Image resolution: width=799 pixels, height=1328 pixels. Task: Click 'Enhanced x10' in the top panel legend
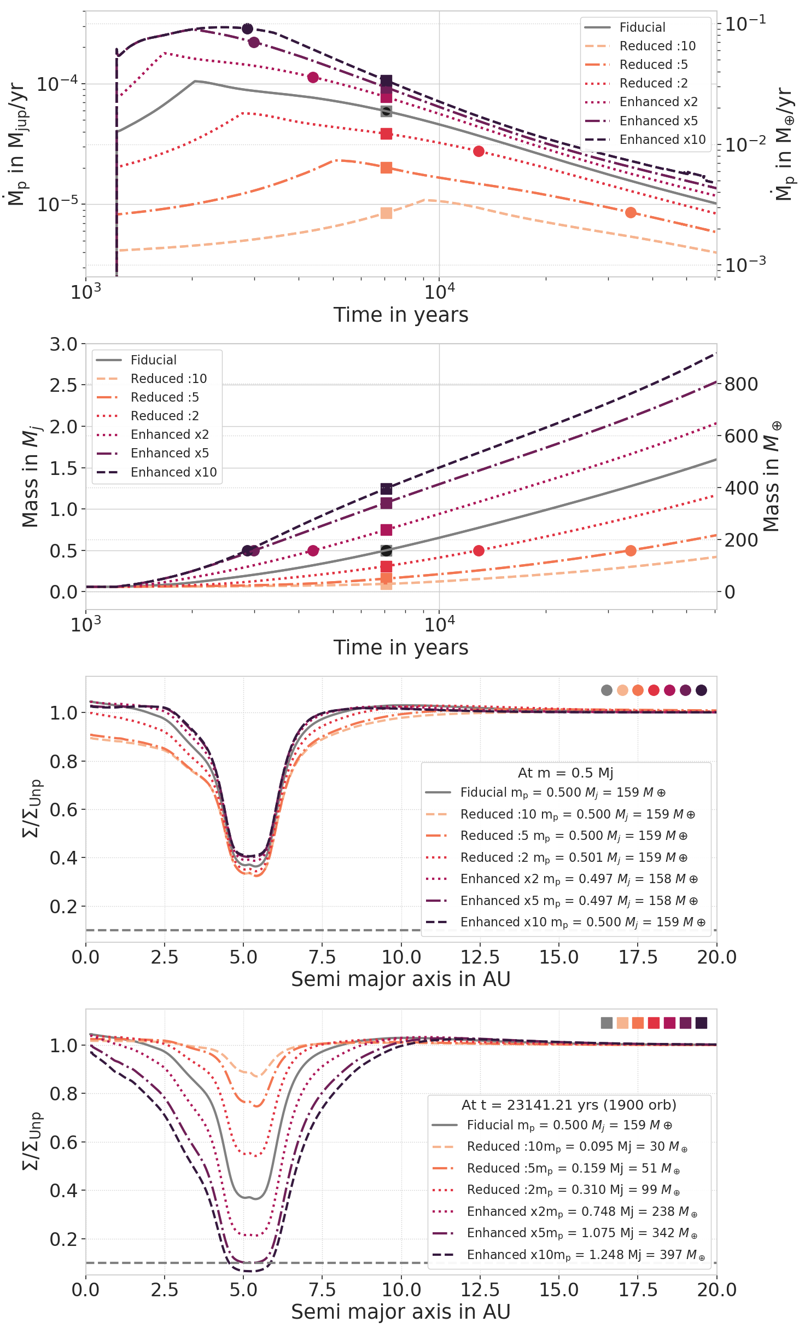[x=662, y=140]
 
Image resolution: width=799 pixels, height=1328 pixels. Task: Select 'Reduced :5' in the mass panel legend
[x=165, y=397]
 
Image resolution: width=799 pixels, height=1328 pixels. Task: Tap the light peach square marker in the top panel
[x=386, y=213]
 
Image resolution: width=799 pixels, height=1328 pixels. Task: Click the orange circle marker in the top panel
[x=631, y=212]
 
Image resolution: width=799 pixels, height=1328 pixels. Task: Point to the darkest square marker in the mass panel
[x=386, y=489]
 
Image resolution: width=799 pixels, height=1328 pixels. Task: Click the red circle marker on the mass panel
[x=479, y=550]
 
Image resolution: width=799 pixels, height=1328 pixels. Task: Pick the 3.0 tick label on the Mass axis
[x=64, y=345]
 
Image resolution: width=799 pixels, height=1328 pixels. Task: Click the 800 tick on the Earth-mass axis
[x=741, y=384]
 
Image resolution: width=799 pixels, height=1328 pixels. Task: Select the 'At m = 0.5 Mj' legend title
[x=565, y=773]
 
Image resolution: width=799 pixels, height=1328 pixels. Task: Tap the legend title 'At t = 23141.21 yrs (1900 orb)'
[x=569, y=1105]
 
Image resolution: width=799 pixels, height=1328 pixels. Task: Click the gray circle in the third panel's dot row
[x=606, y=690]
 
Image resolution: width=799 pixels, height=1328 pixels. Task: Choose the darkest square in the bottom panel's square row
[x=701, y=1023]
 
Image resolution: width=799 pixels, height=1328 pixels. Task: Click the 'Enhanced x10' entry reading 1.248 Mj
[x=585, y=1255]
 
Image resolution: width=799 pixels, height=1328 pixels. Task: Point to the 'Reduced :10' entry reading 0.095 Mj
[x=576, y=1146]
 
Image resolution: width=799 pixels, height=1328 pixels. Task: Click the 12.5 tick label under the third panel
[x=480, y=957]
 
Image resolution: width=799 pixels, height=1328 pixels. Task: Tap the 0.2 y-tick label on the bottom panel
[x=64, y=1239]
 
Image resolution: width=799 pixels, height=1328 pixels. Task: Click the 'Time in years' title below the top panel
[x=401, y=315]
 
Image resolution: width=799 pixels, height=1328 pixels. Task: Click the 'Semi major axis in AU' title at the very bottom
[x=401, y=1312]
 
